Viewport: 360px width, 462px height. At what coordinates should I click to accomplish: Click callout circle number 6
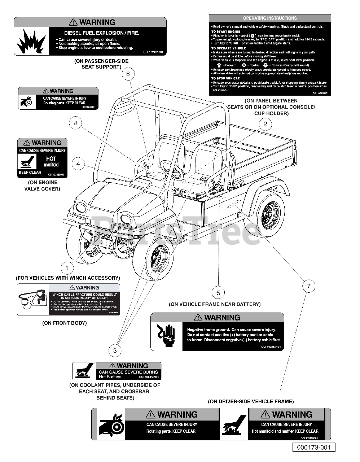point(128,74)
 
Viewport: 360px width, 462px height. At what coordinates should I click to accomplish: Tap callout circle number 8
point(76,123)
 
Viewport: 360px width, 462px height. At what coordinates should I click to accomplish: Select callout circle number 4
point(78,164)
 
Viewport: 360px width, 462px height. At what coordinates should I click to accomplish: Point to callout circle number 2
point(265,124)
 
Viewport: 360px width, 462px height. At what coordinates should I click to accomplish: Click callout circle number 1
point(67,268)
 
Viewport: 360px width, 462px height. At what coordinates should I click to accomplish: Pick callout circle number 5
point(218,293)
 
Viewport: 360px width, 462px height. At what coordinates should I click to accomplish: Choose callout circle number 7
point(308,286)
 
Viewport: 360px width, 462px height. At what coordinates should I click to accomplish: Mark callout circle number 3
point(115,350)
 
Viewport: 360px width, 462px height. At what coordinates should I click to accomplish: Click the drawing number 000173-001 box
point(313,447)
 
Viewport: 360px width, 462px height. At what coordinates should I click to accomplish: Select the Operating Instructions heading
point(270,18)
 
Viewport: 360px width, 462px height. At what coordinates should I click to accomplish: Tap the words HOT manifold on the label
point(51,162)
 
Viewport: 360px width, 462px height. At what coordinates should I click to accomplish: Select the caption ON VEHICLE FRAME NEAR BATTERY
point(215,304)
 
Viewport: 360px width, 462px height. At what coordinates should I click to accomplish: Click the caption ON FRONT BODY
point(65,323)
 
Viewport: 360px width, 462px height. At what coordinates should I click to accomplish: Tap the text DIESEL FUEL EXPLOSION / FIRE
point(102,33)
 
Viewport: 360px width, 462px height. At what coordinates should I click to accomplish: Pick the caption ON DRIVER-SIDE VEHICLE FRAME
point(251,401)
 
